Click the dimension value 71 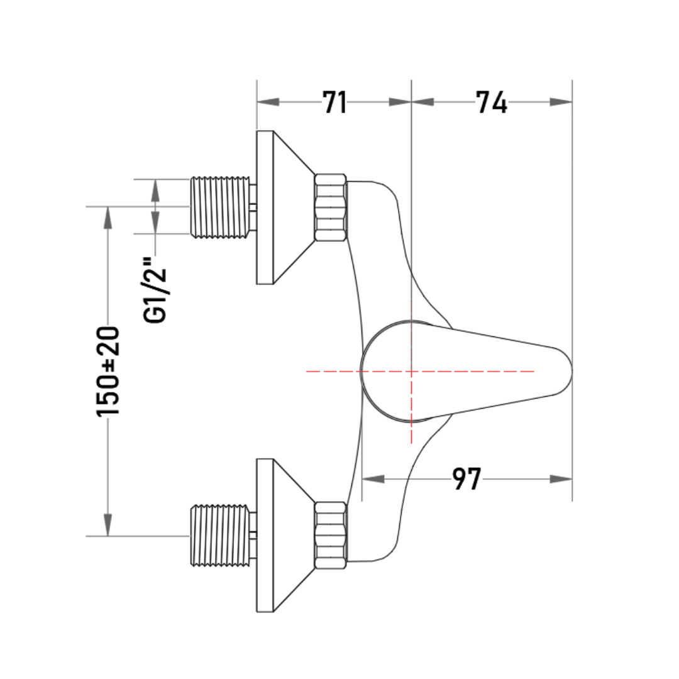pyautogui.click(x=334, y=102)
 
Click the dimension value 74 pyautogui.click(x=492, y=102)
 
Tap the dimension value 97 pyautogui.click(x=466, y=479)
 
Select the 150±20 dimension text pyautogui.click(x=108, y=372)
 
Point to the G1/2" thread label pyautogui.click(x=155, y=290)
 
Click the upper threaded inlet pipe pyautogui.click(x=221, y=207)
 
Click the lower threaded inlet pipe pyautogui.click(x=221, y=536)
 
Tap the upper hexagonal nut pyautogui.click(x=331, y=207)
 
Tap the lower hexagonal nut pyautogui.click(x=331, y=535)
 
